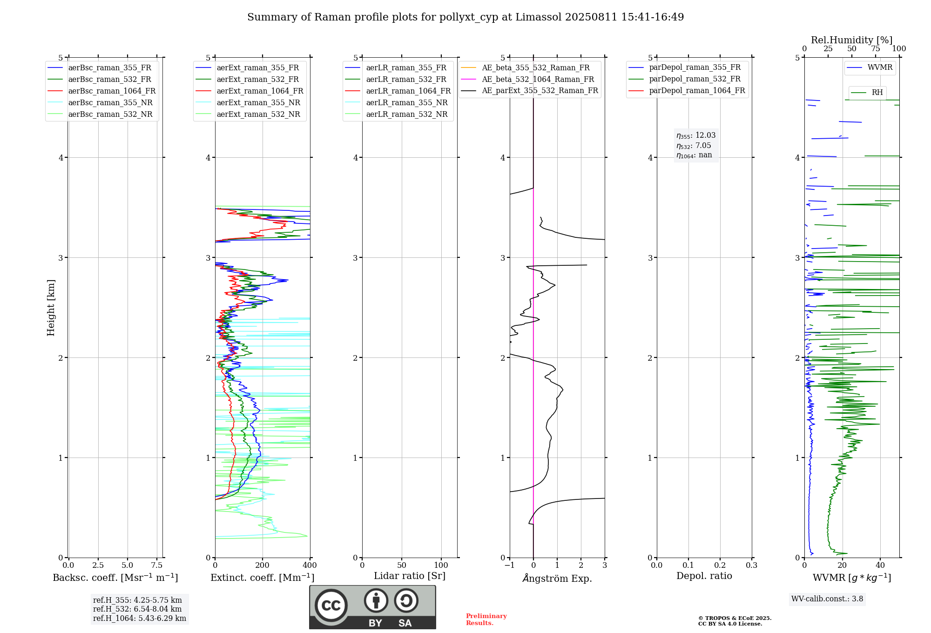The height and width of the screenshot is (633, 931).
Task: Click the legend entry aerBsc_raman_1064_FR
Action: point(112,91)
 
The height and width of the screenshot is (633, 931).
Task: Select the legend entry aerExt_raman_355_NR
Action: point(258,103)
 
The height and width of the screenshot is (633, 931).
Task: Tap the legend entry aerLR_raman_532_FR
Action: point(406,80)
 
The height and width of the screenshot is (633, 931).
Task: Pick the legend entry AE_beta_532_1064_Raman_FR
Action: point(538,80)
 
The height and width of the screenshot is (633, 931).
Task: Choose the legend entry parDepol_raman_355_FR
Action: point(695,67)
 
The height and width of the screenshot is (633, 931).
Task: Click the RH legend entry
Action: point(877,93)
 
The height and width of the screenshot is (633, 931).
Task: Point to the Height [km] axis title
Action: point(51,308)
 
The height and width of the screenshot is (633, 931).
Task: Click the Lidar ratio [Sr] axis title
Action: point(410,576)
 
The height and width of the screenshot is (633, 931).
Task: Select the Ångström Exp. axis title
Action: point(557,578)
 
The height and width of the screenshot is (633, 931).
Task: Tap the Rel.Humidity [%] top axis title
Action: point(851,40)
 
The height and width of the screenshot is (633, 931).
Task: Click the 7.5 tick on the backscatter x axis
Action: point(157,566)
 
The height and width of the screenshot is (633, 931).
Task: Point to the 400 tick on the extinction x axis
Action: point(310,566)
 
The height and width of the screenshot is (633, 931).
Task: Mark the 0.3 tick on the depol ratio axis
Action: point(751,566)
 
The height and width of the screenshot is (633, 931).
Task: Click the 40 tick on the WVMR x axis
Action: point(880,566)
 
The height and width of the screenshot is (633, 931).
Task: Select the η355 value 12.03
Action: point(705,135)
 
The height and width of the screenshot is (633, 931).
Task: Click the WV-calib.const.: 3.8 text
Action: point(827,599)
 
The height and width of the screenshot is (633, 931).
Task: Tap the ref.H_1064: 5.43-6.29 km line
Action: point(139,619)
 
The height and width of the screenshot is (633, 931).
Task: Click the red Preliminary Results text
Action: point(486,620)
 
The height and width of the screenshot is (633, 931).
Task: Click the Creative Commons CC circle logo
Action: point(331,606)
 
